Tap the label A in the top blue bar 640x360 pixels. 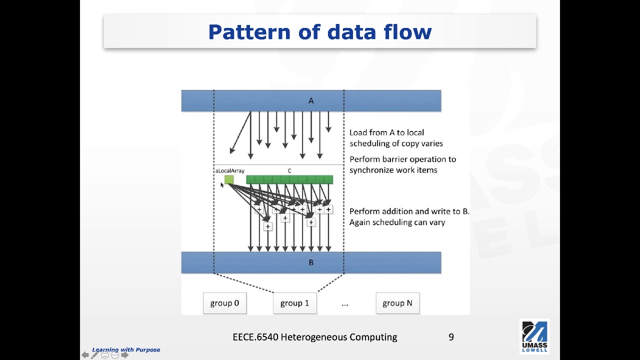click(x=311, y=101)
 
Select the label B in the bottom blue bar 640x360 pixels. click(x=311, y=262)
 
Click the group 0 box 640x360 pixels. click(x=224, y=303)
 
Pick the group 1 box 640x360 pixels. click(x=294, y=303)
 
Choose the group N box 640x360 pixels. click(x=397, y=303)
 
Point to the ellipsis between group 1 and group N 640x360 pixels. click(x=345, y=303)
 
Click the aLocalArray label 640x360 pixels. click(x=230, y=171)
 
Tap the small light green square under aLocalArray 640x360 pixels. click(x=229, y=179)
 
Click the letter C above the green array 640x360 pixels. click(x=289, y=171)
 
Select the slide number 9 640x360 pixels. click(x=451, y=337)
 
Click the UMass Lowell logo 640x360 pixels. click(x=534, y=336)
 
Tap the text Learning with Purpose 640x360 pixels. click(x=126, y=349)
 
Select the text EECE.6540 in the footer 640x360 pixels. click(x=255, y=337)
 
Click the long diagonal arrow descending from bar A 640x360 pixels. click(x=240, y=132)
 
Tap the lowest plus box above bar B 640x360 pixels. click(x=267, y=226)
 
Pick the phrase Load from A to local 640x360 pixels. click(x=386, y=132)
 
